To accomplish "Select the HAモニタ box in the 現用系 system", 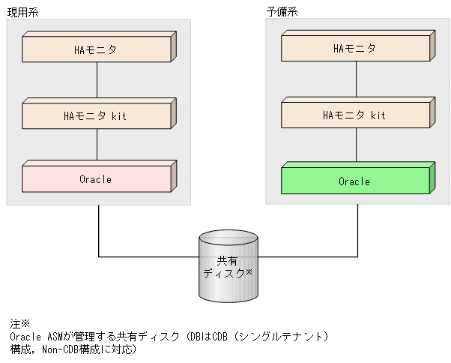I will [97, 49].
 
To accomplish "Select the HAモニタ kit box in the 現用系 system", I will [97, 115].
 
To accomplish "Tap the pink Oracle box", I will [97, 179].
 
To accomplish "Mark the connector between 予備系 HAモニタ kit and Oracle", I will [356, 147].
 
